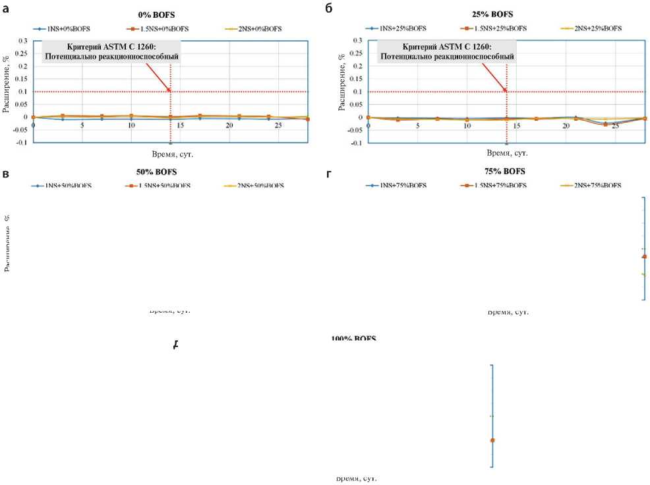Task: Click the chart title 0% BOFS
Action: click(158, 14)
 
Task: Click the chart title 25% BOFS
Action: click(493, 14)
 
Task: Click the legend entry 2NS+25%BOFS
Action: click(593, 28)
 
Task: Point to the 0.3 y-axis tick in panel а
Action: click(23, 41)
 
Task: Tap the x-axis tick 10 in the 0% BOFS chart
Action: click(131, 125)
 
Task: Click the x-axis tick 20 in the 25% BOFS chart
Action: click(566, 125)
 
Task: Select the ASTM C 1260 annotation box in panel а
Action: click(111, 51)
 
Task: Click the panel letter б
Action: click(329, 9)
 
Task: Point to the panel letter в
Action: click(6, 174)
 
